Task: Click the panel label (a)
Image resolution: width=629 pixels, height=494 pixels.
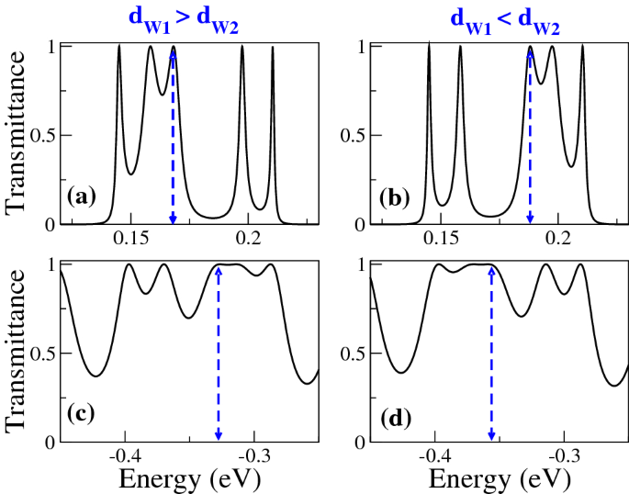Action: (x=84, y=196)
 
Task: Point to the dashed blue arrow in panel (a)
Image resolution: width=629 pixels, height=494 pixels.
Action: (x=173, y=138)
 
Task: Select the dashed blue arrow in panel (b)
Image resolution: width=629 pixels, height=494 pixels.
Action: (x=530, y=138)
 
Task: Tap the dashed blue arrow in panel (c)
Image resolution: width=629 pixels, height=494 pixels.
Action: (x=218, y=354)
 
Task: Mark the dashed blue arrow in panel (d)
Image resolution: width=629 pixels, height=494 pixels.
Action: (x=491, y=354)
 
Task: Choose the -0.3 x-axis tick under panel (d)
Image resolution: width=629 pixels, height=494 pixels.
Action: (x=567, y=455)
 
